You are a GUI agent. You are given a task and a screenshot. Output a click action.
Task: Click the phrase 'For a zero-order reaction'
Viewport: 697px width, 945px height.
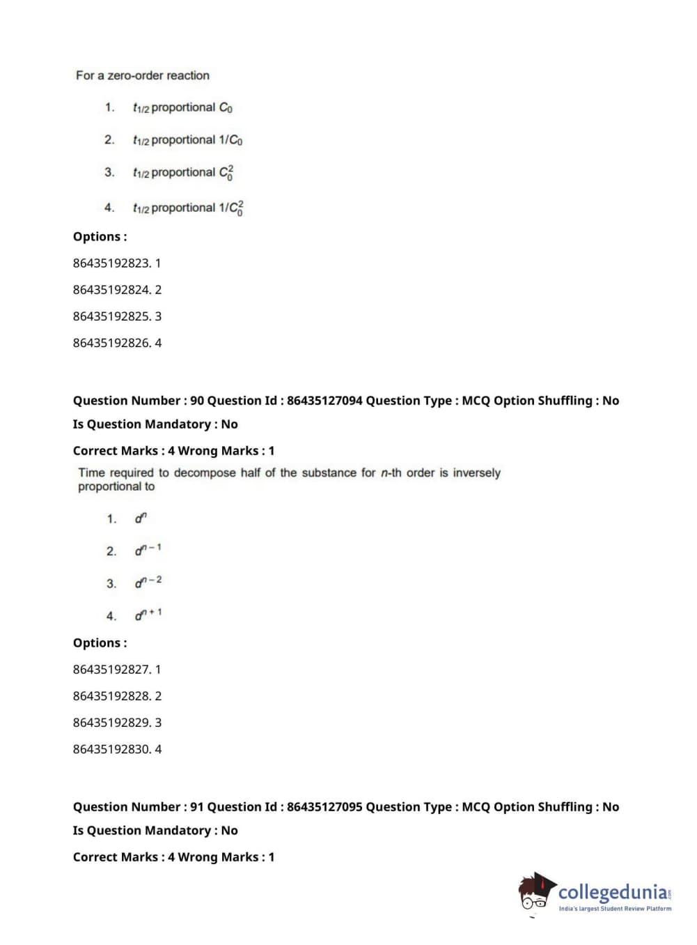click(x=143, y=75)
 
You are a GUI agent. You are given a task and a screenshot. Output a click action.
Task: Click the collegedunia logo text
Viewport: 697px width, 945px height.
click(x=613, y=892)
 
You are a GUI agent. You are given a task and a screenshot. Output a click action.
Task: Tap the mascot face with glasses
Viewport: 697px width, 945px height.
click(x=535, y=895)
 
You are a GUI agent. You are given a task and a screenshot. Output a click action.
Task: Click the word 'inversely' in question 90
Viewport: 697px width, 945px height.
click(x=476, y=472)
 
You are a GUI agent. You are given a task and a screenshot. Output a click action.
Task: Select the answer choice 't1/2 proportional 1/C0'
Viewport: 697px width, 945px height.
click(x=187, y=140)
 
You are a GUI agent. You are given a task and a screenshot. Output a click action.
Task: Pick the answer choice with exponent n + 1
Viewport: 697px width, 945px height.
click(x=148, y=615)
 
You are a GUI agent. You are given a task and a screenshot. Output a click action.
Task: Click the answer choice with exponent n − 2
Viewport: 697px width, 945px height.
click(x=148, y=582)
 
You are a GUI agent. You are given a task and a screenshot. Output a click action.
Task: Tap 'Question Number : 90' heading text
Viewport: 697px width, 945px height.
click(x=138, y=401)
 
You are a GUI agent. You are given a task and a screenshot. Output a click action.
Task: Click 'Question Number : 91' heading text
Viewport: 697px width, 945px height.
click(x=138, y=807)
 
